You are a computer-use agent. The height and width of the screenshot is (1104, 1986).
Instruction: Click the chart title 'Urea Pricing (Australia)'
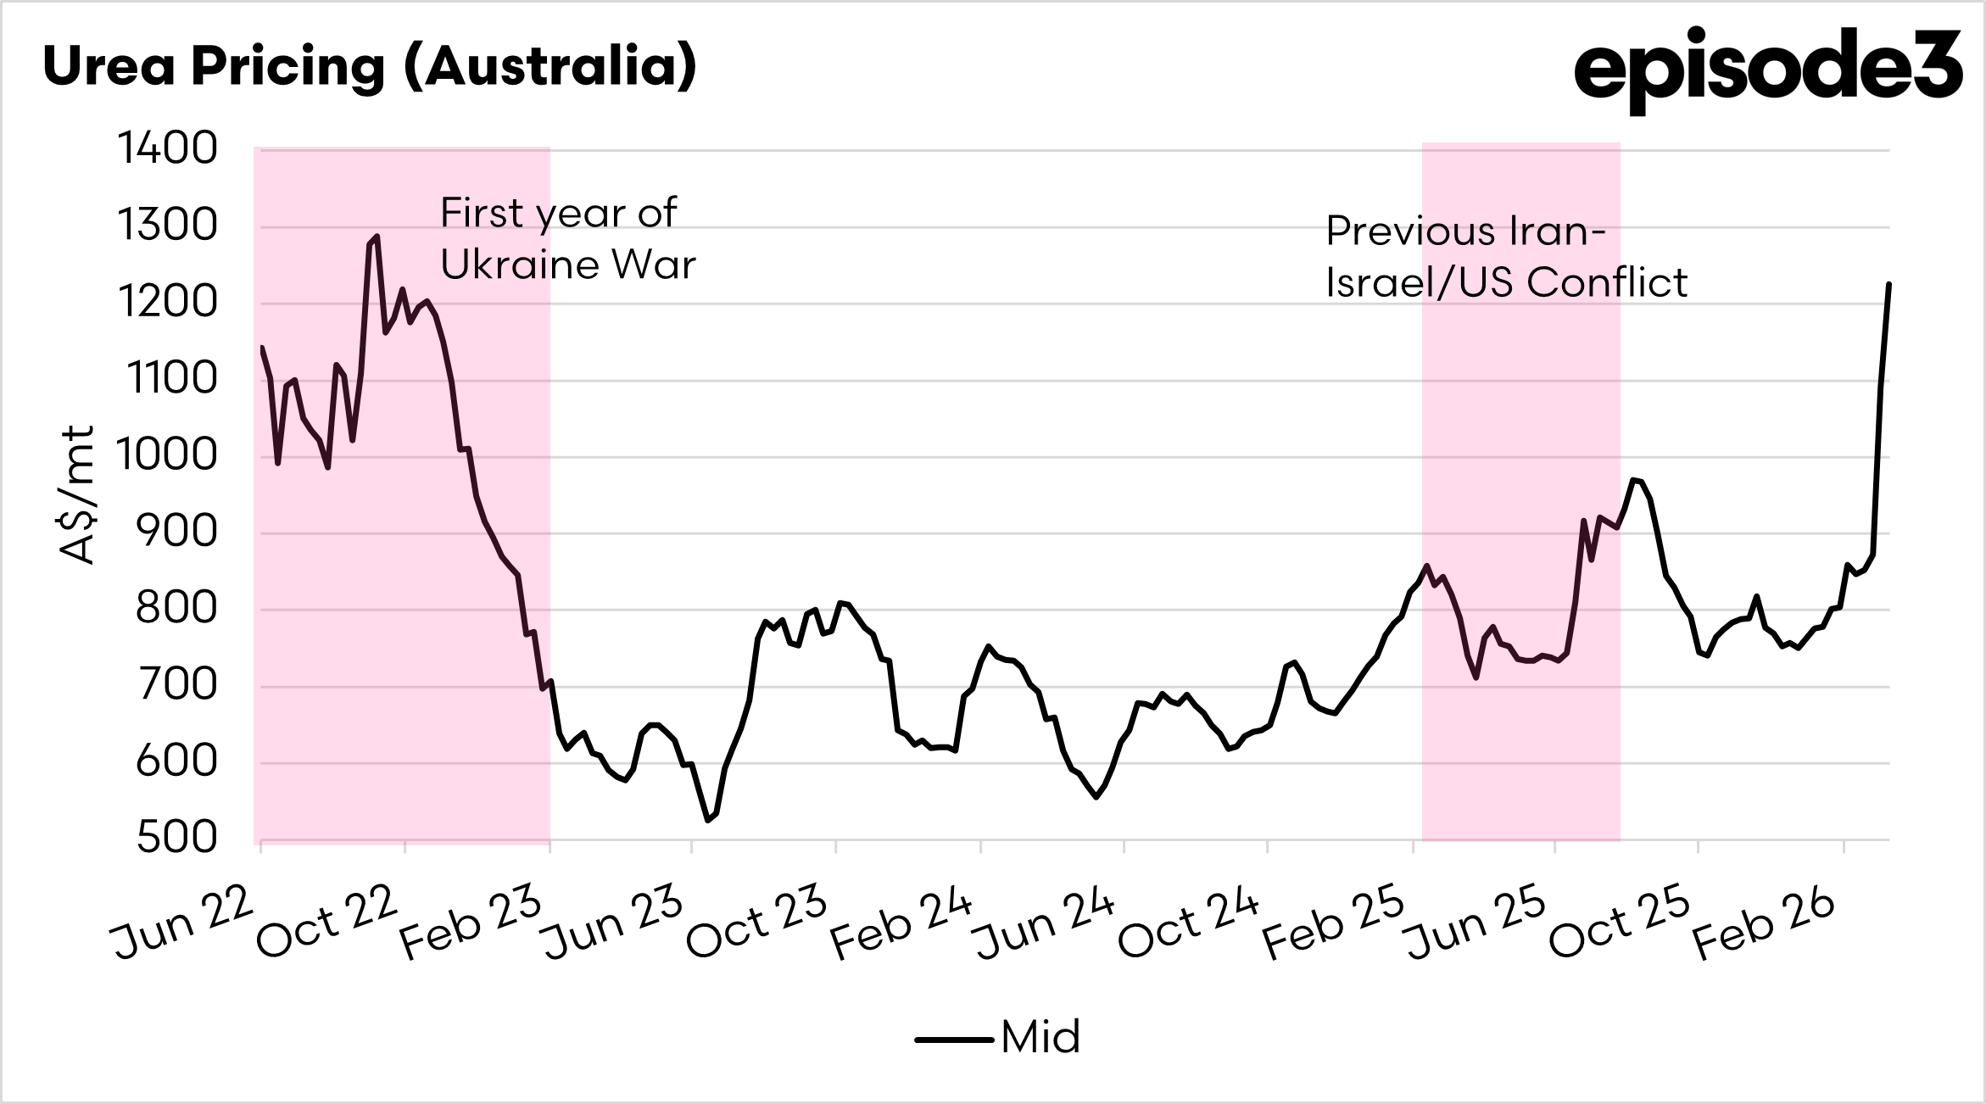(x=370, y=66)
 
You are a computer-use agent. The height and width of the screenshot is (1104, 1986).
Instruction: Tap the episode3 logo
(x=1767, y=68)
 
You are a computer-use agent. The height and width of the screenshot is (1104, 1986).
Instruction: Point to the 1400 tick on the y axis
(x=168, y=148)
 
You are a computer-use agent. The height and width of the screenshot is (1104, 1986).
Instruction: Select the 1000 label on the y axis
(x=168, y=455)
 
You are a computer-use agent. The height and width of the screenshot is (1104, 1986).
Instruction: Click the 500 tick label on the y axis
(x=176, y=838)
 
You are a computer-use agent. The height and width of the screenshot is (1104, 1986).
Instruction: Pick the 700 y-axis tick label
(x=176, y=685)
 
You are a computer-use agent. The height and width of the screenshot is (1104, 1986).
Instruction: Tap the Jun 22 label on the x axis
(x=182, y=922)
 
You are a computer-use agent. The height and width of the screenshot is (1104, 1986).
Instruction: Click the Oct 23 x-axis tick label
(x=756, y=922)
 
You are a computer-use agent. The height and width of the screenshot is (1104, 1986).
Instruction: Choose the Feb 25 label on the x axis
(x=1332, y=922)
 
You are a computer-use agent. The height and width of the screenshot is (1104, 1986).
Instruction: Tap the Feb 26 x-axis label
(x=1764, y=922)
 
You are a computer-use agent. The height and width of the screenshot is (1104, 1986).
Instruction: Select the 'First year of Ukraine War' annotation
(x=567, y=239)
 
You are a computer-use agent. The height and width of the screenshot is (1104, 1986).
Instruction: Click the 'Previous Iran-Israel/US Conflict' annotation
(x=1506, y=257)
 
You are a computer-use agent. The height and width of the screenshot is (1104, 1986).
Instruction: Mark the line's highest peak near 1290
(x=377, y=237)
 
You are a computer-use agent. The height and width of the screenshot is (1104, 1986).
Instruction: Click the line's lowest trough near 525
(x=708, y=820)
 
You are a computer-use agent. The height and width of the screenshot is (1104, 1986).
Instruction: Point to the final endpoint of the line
(x=1888, y=284)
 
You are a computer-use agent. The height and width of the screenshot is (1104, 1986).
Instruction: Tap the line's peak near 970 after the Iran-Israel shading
(x=1633, y=480)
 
